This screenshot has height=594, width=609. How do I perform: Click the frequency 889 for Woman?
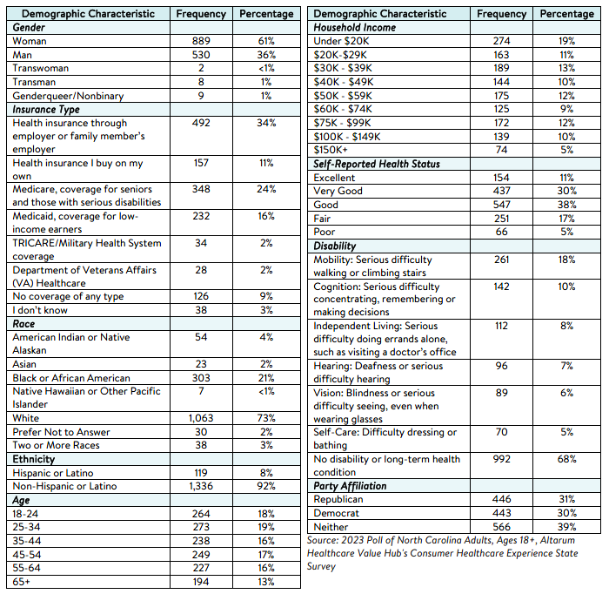point(200,41)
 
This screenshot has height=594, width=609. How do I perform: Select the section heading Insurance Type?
point(46,110)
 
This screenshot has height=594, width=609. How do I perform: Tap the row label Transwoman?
point(41,68)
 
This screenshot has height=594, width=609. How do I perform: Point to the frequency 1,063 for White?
point(200,419)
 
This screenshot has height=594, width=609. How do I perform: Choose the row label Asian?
point(26,364)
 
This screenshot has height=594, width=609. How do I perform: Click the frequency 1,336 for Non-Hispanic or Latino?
point(200,487)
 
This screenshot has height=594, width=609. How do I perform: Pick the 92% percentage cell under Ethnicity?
point(266,487)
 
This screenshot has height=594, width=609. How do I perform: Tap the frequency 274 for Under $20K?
point(502,41)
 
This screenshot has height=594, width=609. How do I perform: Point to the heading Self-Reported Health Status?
point(377,164)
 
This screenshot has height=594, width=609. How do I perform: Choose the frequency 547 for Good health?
point(502,205)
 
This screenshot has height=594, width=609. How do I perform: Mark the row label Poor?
point(325,232)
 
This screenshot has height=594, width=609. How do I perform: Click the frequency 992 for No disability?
point(502,459)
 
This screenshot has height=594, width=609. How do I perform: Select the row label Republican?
point(338,500)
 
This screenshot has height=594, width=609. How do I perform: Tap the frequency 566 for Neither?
point(502,527)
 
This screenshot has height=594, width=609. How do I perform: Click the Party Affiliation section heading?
point(350,486)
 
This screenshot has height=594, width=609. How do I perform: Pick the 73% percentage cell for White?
point(266,419)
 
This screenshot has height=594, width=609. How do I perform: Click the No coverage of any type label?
point(68,295)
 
